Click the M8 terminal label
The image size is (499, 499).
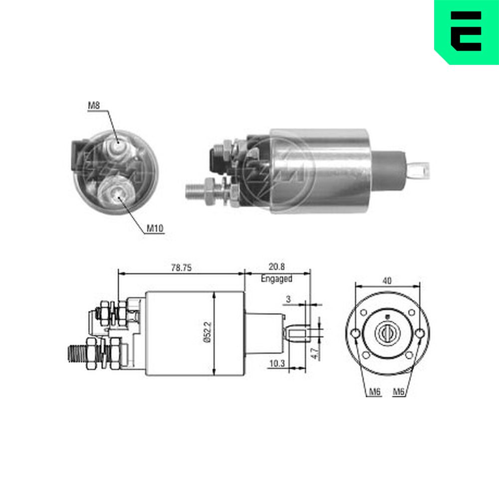[x=94, y=105]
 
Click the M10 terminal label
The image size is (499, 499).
[x=155, y=228]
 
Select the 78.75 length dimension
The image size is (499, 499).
[x=182, y=267]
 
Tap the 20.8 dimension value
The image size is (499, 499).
[x=276, y=266]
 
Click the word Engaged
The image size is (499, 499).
[x=276, y=279]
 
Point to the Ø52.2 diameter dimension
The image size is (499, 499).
[x=208, y=332]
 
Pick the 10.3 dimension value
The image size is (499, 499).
[x=277, y=363]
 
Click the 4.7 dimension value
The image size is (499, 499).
[x=314, y=354]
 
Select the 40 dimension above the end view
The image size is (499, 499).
[x=387, y=280]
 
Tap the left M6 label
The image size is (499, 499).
[x=375, y=392]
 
